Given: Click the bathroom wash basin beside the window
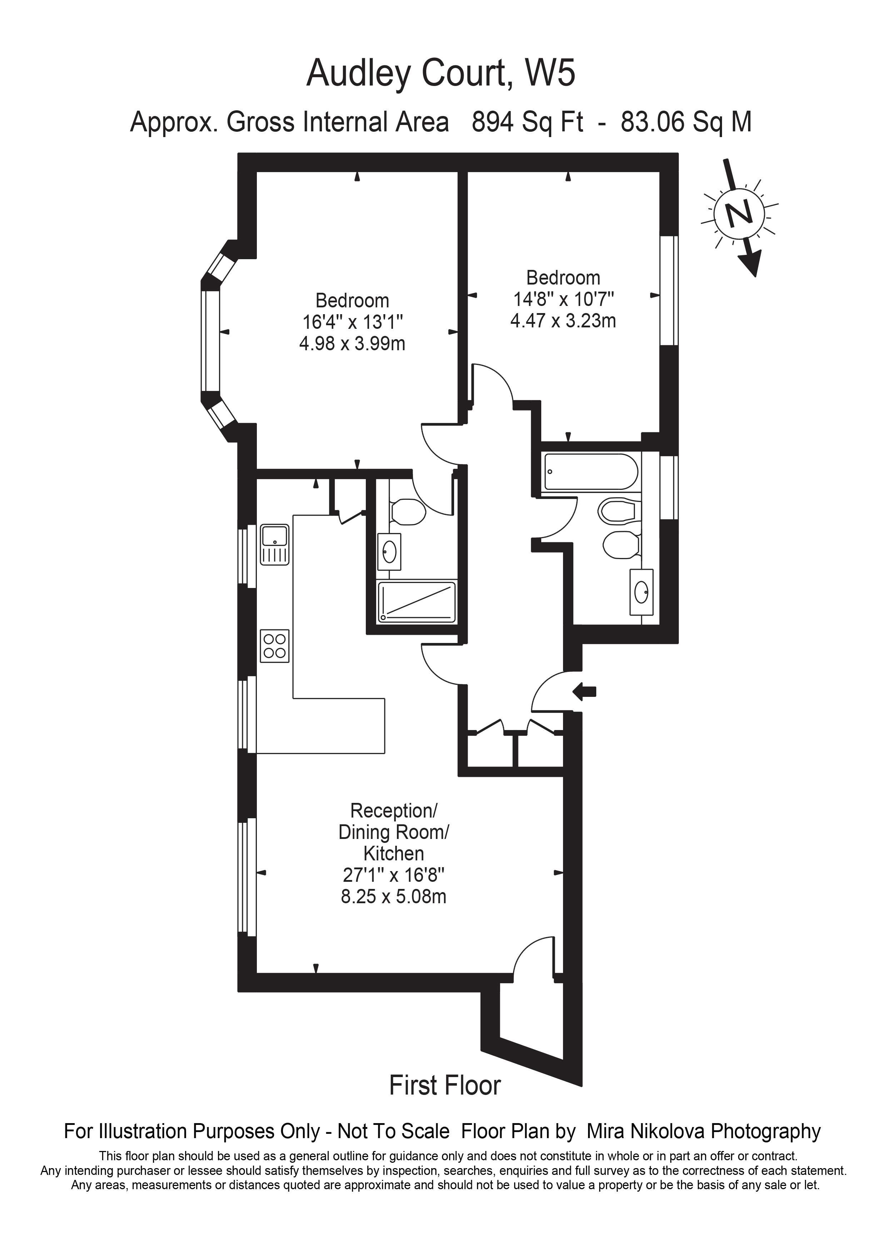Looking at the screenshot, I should point(641,592).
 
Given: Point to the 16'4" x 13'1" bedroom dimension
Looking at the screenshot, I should point(353,322).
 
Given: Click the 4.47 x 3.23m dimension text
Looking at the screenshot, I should point(563,321).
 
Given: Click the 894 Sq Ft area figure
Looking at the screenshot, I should point(527,122).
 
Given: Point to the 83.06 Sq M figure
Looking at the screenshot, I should point(686,122).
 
